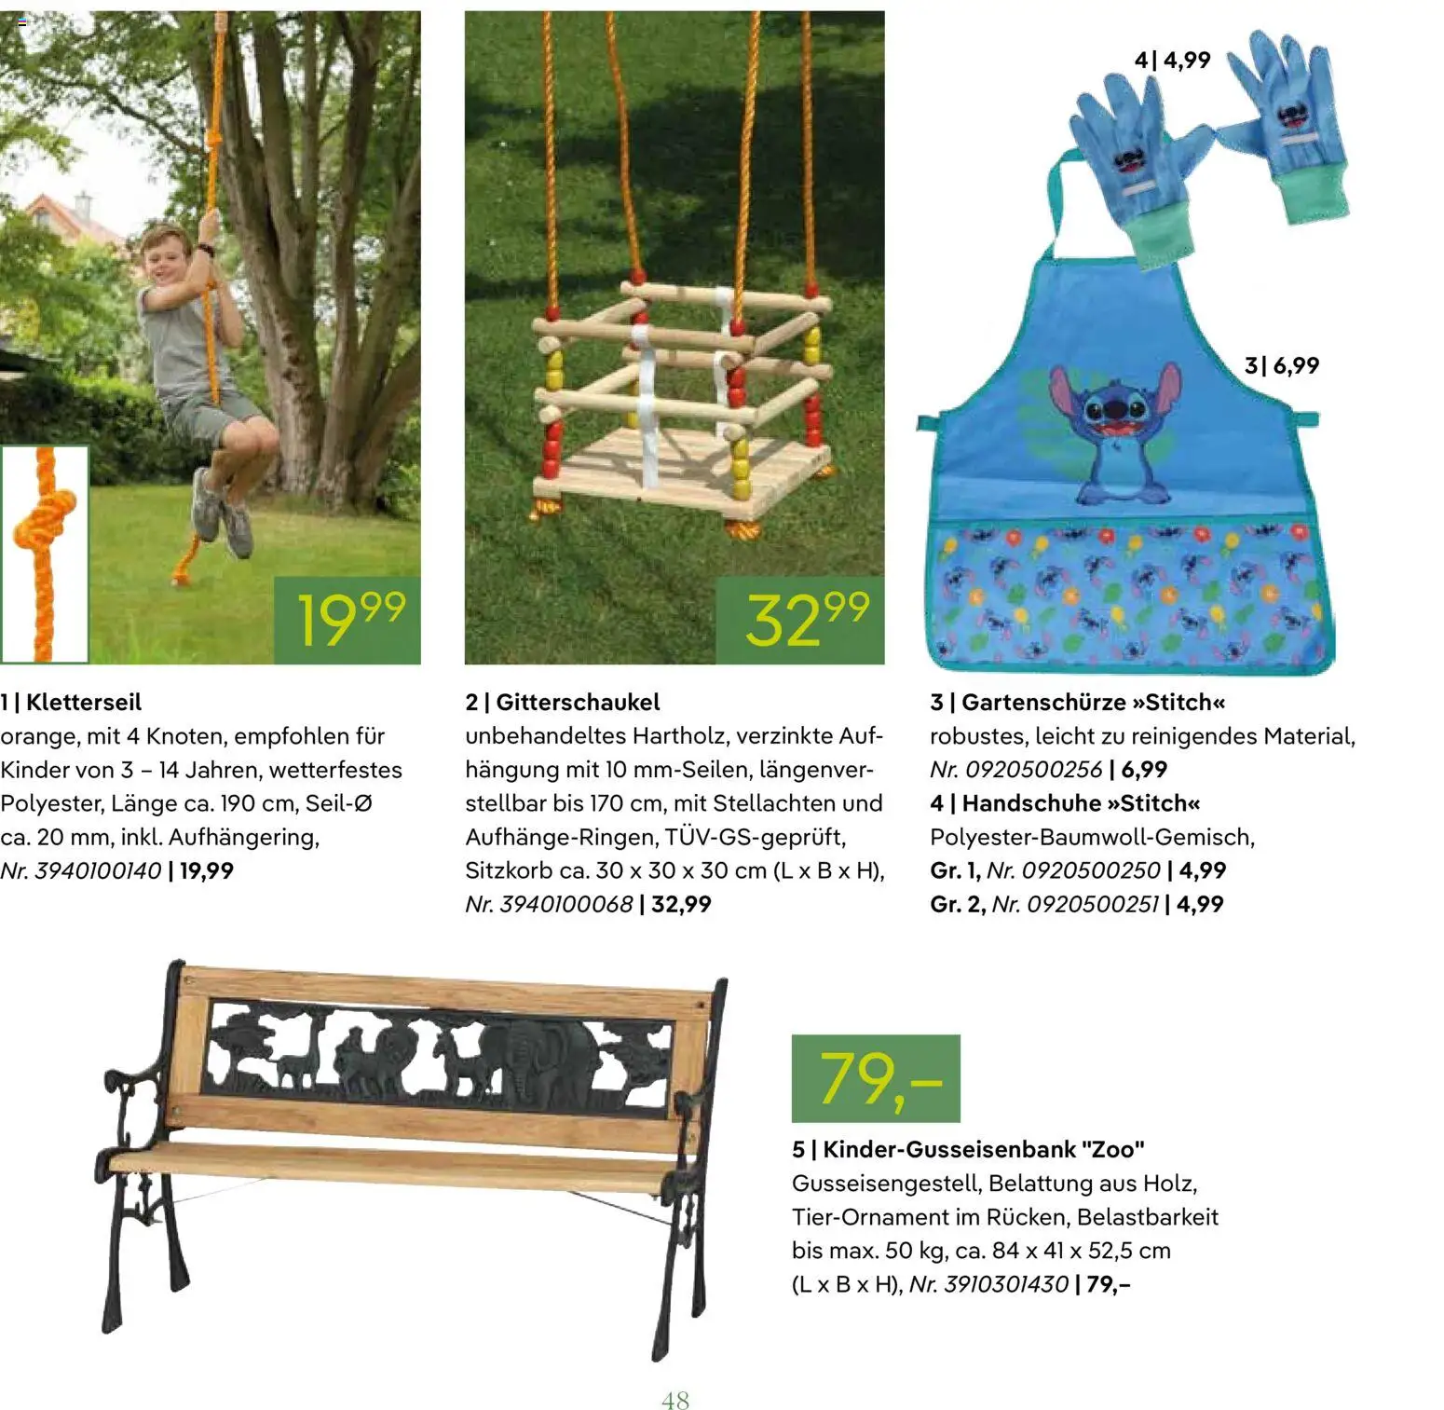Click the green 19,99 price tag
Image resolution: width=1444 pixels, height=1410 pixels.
(x=347, y=620)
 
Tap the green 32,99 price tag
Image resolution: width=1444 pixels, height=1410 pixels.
(x=800, y=620)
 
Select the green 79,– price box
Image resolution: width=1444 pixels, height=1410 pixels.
(x=876, y=1078)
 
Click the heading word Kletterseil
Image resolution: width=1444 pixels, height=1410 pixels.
(x=84, y=702)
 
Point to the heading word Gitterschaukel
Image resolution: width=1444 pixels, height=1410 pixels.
(x=578, y=702)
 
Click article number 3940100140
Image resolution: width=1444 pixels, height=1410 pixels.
(x=98, y=870)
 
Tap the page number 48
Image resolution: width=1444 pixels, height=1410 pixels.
(x=675, y=1400)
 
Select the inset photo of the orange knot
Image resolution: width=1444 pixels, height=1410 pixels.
(x=44, y=554)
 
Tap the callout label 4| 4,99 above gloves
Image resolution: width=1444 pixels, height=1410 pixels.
(x=1172, y=61)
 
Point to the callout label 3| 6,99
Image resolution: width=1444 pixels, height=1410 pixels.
(x=1282, y=365)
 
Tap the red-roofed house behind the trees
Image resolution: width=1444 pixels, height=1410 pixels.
(x=70, y=219)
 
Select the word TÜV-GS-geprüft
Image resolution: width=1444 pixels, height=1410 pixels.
(x=756, y=837)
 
